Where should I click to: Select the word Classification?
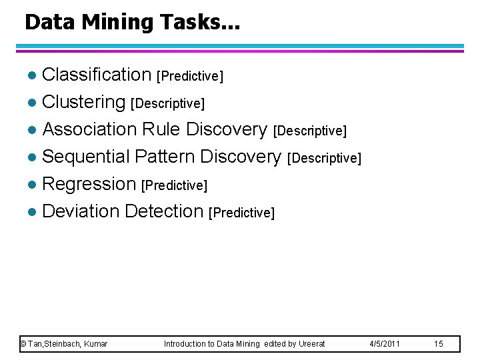tap(97, 75)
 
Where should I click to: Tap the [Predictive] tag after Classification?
tap(190, 76)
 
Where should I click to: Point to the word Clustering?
tap(84, 103)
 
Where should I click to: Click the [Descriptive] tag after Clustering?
tap(168, 103)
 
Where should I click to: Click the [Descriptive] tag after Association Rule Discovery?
tap(310, 131)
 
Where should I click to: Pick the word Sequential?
tap(85, 157)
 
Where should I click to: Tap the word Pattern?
tap(165, 157)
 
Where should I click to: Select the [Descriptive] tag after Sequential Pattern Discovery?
tap(324, 158)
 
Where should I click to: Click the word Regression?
tap(89, 184)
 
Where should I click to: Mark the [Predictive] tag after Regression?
tap(175, 185)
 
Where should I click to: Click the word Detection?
tap(164, 211)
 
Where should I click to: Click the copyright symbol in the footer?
tap(23, 344)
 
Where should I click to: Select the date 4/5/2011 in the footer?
tap(385, 344)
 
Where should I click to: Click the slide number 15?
tap(438, 344)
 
